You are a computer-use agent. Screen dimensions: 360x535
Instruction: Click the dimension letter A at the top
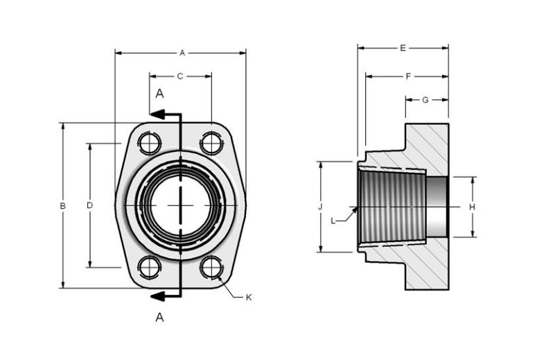pos(182,52)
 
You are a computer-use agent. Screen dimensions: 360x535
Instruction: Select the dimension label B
pos(62,206)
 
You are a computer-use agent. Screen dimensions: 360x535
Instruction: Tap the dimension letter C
pos(179,76)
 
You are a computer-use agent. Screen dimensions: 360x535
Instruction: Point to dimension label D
pos(89,205)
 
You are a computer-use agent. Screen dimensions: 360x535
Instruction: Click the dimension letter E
pos(403,48)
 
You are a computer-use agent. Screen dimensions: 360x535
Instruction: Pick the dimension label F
pos(408,76)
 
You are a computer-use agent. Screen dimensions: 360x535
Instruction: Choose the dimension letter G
pos(426,100)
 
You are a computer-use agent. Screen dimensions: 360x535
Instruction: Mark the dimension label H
pos(472,207)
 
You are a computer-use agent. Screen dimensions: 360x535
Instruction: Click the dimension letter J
pos(320,207)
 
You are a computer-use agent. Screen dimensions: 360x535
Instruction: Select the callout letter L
pos(333,221)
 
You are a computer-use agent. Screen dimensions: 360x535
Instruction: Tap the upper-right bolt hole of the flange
pos(211,144)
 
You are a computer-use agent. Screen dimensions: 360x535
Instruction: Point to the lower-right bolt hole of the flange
pos(211,267)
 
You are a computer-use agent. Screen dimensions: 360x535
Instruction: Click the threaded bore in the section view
pos(392,206)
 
